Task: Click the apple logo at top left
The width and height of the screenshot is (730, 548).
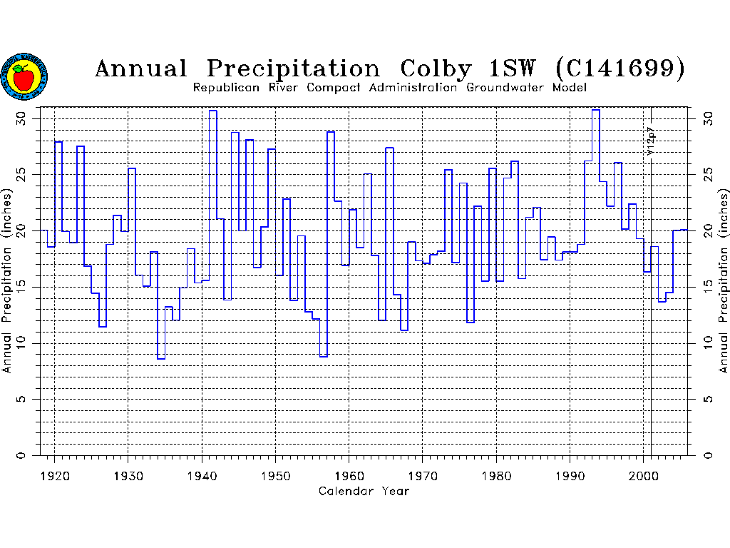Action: tap(24, 76)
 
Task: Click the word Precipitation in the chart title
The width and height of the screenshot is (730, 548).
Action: tap(294, 69)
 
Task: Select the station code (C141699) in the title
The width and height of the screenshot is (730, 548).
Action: tap(620, 68)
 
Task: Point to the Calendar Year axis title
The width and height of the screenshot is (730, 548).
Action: tap(364, 491)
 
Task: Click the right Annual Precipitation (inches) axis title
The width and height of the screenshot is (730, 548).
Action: tap(724, 280)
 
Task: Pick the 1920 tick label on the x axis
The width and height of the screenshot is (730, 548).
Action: tap(54, 475)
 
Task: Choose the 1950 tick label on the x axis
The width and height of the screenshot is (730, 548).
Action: tap(275, 475)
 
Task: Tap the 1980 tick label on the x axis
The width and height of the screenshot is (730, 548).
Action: tap(496, 475)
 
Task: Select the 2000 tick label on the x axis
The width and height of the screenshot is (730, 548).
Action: tap(644, 475)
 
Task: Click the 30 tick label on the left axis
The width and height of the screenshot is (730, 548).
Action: tap(21, 117)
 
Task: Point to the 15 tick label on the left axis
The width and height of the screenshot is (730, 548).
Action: tap(21, 286)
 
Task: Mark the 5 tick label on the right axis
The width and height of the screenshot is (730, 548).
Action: tap(708, 399)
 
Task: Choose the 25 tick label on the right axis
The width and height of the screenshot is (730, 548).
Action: tap(708, 173)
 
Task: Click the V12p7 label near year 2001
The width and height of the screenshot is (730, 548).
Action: tap(649, 141)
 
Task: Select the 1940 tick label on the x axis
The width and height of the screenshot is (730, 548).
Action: tap(202, 475)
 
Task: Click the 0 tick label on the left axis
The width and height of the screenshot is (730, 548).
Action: tap(21, 455)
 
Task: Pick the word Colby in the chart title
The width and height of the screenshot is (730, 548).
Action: tap(436, 69)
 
